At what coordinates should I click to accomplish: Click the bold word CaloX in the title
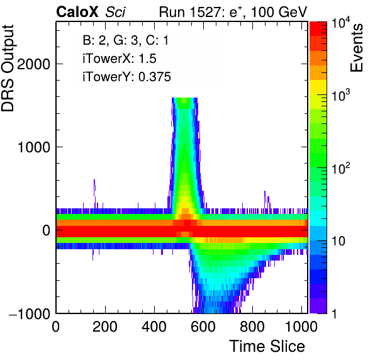pyautogui.click(x=77, y=12)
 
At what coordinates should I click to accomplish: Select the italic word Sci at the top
pyautogui.click(x=115, y=12)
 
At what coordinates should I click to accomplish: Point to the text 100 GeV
pyautogui.click(x=279, y=12)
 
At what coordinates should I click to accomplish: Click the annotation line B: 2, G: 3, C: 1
pyautogui.click(x=126, y=40)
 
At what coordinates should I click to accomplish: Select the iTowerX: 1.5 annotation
pyautogui.click(x=120, y=59)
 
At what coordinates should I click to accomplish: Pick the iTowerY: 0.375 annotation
pyautogui.click(x=126, y=77)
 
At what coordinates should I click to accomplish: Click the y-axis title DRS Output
pyautogui.click(x=8, y=68)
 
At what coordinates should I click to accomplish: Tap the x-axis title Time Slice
pyautogui.click(x=267, y=346)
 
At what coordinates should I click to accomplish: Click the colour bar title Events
pyautogui.click(x=356, y=48)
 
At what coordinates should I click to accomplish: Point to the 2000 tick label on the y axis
pyautogui.click(x=33, y=64)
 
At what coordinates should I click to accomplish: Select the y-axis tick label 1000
pyautogui.click(x=33, y=147)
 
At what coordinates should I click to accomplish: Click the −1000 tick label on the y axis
pyautogui.click(x=30, y=313)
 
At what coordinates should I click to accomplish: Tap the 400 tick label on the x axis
pyautogui.click(x=154, y=327)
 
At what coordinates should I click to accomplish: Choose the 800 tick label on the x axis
pyautogui.click(x=252, y=327)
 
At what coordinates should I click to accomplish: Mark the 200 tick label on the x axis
pyautogui.click(x=105, y=327)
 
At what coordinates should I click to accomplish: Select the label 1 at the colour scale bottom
pyautogui.click(x=334, y=313)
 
